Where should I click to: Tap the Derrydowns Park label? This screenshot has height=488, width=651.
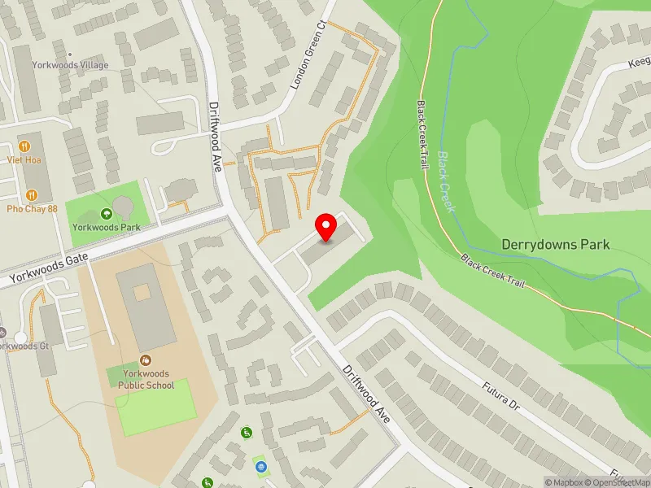tap(556, 244)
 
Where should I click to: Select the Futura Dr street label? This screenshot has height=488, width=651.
tap(499, 393)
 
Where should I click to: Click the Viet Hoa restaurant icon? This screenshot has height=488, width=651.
tap(25, 146)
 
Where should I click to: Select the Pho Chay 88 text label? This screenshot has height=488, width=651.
tap(32, 208)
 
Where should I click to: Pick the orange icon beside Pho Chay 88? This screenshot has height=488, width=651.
tap(32, 194)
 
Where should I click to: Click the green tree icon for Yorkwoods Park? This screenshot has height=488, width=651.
tap(106, 214)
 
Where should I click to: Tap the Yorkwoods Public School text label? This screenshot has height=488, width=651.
tap(146, 380)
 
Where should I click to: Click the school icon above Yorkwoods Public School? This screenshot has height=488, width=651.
tap(146, 360)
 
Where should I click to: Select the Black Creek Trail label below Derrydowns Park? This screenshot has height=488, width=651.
tap(494, 272)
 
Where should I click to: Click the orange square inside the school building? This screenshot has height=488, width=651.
tap(142, 291)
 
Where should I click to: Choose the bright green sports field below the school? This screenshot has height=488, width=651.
tap(156, 407)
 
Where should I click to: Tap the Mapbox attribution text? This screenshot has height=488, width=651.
tap(563, 482)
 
